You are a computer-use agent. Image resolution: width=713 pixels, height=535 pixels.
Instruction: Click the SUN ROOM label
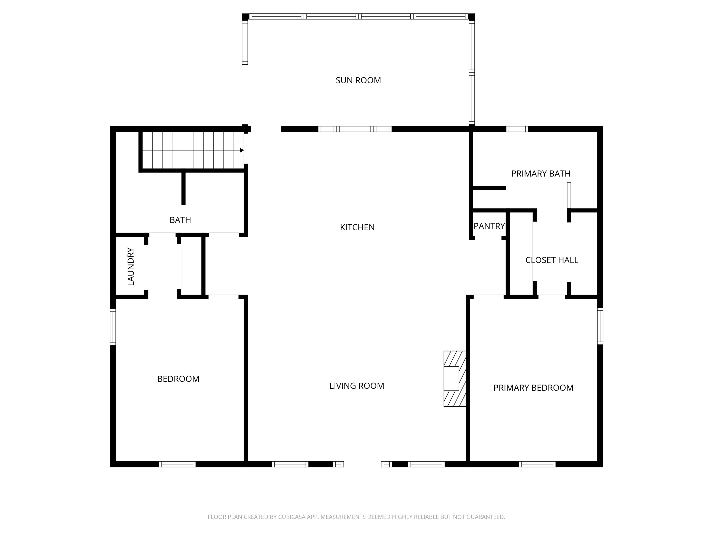point(358,80)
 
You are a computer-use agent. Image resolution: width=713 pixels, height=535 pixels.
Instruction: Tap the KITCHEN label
point(357,227)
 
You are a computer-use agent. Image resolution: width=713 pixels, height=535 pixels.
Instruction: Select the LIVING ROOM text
point(356,386)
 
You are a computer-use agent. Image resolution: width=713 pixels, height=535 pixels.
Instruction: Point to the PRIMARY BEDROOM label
point(533,388)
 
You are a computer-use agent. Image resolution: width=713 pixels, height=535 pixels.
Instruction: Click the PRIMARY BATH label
point(541,173)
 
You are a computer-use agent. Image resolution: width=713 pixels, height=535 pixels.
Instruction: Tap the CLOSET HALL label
point(551,260)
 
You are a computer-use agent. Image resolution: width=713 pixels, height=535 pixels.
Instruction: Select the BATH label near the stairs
point(180,220)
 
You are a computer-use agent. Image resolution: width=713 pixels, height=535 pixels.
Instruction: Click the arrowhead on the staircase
point(241,150)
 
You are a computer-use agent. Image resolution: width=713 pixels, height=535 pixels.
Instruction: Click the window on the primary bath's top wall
point(517,129)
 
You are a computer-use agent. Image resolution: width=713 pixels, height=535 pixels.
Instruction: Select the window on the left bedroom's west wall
point(113,327)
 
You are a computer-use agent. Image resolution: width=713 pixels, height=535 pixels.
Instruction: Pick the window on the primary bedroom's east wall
point(600,326)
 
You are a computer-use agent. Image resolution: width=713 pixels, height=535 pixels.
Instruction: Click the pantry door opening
point(488,238)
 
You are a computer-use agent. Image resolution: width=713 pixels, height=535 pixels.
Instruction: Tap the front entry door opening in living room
point(362,464)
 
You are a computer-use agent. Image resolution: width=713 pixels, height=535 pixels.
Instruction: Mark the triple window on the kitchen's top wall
point(355,129)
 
